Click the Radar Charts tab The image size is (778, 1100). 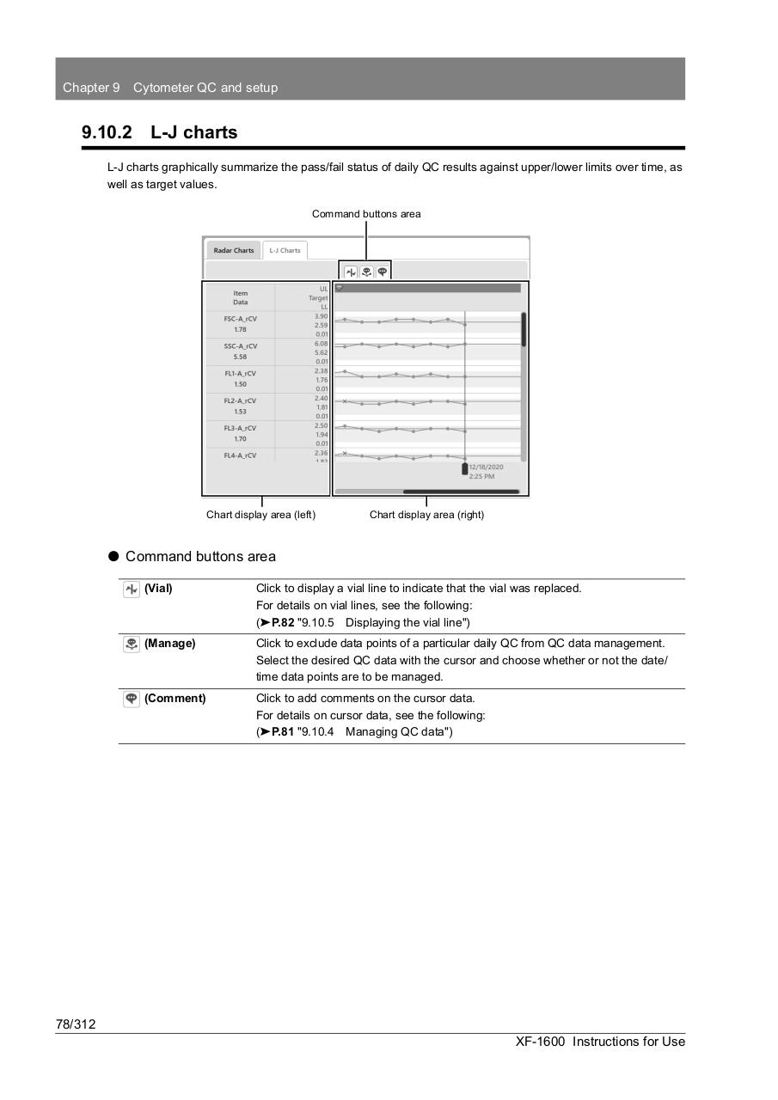(x=234, y=250)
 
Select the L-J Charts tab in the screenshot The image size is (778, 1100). (x=285, y=250)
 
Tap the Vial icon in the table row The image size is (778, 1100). (x=132, y=589)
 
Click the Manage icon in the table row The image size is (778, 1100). (x=132, y=644)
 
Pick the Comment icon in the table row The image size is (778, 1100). (x=132, y=699)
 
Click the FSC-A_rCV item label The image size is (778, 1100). (x=240, y=319)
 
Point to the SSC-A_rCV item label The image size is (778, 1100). (x=240, y=346)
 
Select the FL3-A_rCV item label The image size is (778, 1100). (x=240, y=428)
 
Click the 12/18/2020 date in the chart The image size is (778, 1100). (x=486, y=467)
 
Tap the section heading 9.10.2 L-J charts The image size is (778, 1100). (x=160, y=132)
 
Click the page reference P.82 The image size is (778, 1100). (x=282, y=622)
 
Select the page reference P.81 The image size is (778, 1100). (x=282, y=732)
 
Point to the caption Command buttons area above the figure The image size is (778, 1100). (x=366, y=214)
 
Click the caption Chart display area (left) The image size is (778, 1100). (x=260, y=515)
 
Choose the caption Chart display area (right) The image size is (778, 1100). (x=426, y=515)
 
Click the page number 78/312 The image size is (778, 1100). (x=76, y=1024)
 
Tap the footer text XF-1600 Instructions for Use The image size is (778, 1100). (x=600, y=1042)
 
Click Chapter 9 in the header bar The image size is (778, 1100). (x=91, y=88)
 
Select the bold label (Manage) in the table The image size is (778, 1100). (x=169, y=644)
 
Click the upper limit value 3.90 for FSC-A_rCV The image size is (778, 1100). (x=321, y=316)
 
